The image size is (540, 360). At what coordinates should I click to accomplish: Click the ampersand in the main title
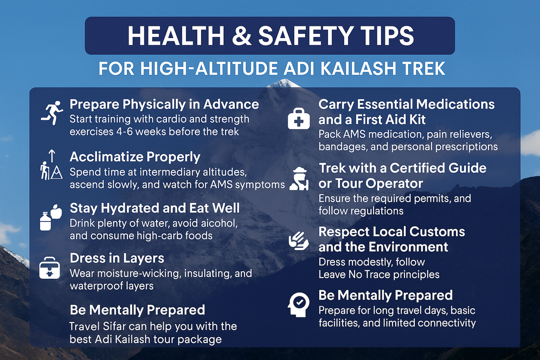(x=242, y=36)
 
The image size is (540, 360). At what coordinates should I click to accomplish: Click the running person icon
(x=52, y=113)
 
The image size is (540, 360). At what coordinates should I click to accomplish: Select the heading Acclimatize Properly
(x=135, y=157)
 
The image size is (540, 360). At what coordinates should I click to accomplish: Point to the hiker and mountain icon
(x=51, y=165)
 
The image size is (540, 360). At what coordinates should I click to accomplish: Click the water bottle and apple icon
(x=51, y=217)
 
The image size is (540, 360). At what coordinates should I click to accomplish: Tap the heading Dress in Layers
(x=117, y=258)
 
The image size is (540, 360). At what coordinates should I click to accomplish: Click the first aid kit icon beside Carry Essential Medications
(x=299, y=119)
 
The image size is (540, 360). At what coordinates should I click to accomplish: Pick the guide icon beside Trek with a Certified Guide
(x=299, y=179)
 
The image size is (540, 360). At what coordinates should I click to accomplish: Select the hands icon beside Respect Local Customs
(x=299, y=241)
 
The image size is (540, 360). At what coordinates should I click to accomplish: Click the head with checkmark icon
(x=299, y=304)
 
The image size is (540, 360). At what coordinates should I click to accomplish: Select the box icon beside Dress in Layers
(x=50, y=268)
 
